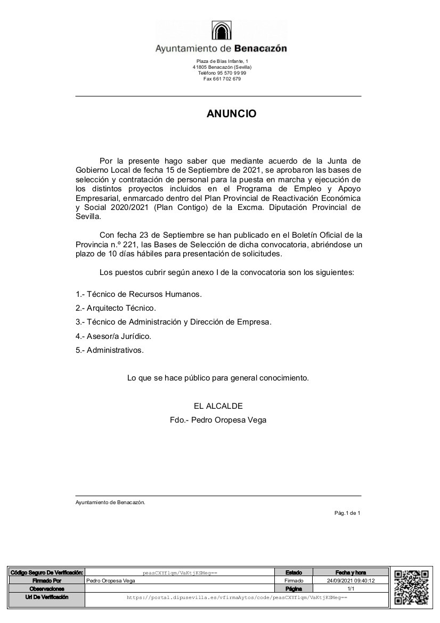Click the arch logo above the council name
(x=221, y=31)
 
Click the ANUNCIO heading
(x=231, y=114)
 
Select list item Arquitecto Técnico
(x=121, y=308)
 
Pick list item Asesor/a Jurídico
(x=119, y=336)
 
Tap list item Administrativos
(x=115, y=350)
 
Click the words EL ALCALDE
(x=218, y=406)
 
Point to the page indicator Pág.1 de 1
(x=347, y=513)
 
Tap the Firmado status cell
(x=294, y=581)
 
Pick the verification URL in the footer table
(x=237, y=598)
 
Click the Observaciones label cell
(x=47, y=589)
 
